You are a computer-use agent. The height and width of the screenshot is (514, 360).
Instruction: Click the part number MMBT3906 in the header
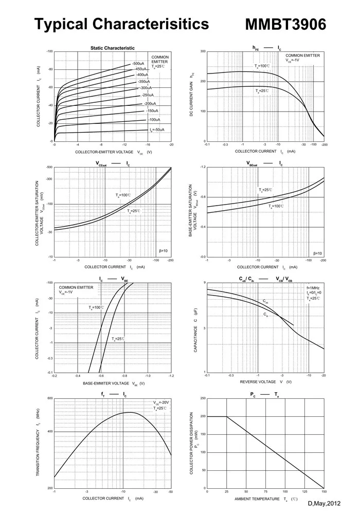285,24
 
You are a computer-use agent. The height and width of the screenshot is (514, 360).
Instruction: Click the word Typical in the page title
61,24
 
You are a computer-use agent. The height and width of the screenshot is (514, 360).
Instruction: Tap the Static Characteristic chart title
113,48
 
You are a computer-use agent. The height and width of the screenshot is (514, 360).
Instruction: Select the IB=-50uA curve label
157,130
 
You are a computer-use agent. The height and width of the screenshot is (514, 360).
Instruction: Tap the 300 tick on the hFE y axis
203,51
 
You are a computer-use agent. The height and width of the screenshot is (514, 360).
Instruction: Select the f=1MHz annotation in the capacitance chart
314,288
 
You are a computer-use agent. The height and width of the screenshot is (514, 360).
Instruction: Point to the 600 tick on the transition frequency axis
50,398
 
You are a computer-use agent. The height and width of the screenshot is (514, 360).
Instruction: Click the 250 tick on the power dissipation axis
203,398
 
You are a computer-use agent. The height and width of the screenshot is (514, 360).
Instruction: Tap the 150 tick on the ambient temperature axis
324,492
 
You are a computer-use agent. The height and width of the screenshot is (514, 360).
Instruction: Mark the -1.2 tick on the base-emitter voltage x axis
171,377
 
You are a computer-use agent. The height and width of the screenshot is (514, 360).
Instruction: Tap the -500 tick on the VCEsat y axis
49,167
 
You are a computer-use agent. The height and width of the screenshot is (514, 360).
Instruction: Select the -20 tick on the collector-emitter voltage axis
171,145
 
